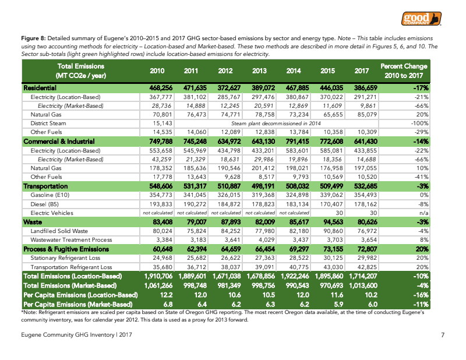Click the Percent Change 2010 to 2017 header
click(403, 71)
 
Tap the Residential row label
click(40, 87)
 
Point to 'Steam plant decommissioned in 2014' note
click(277, 123)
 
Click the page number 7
click(443, 334)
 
